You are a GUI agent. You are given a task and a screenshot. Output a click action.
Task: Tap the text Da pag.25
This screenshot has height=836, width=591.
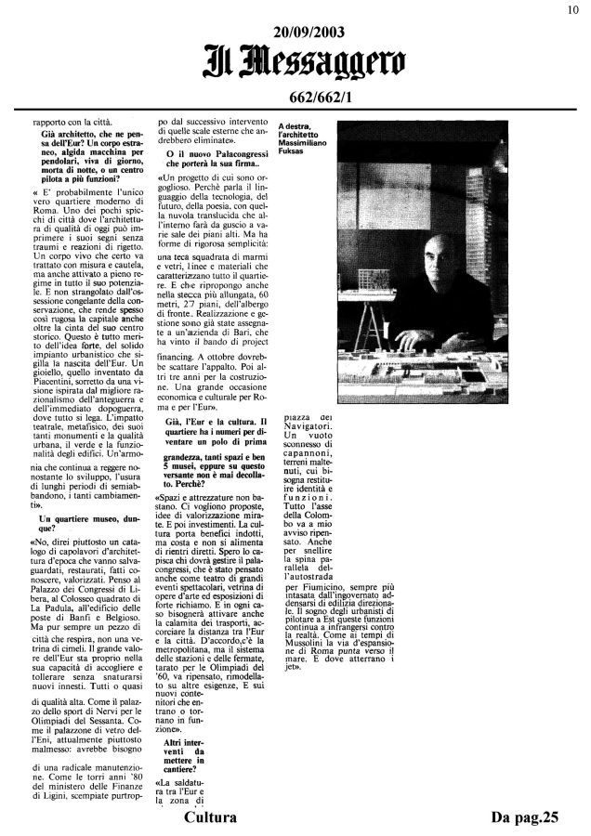tap(529, 817)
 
